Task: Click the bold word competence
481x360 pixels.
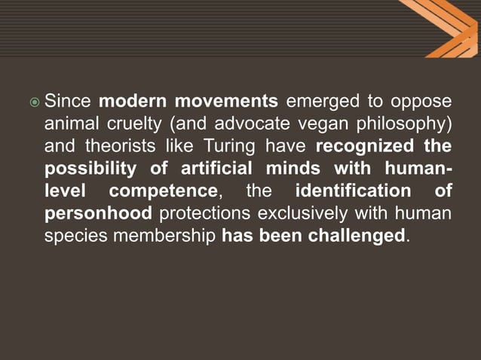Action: (x=163, y=191)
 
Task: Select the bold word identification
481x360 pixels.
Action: (x=354, y=191)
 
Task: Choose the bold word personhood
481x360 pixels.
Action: (x=98, y=213)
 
